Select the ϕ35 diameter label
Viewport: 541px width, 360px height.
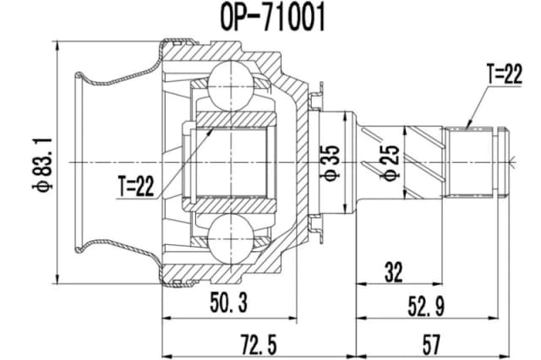point(331,161)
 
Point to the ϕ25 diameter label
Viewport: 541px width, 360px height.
point(391,161)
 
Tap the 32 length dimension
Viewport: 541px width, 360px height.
point(393,272)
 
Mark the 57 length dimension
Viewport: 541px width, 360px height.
point(432,344)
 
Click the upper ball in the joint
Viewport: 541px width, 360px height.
point(233,84)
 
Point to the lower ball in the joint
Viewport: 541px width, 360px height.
point(233,236)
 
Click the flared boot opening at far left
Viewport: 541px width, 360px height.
point(85,161)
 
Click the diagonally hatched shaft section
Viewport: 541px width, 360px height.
point(423,161)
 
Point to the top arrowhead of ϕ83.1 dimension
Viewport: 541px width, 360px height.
point(56,43)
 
